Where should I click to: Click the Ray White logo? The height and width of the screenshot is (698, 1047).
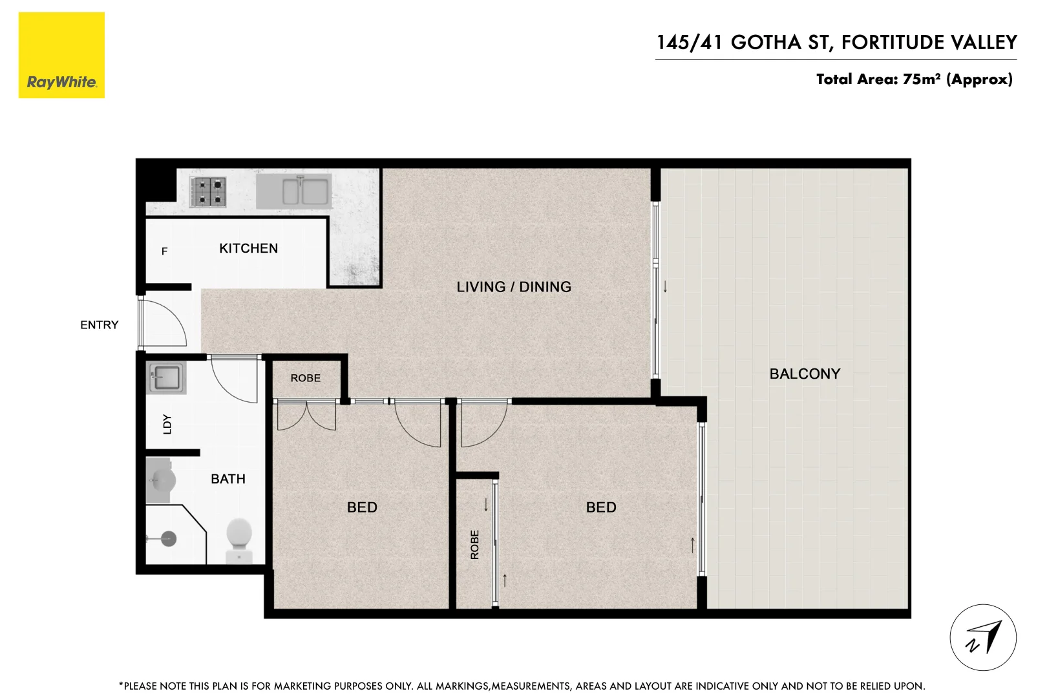[x=61, y=56]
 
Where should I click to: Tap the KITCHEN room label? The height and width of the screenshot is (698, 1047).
[x=248, y=248]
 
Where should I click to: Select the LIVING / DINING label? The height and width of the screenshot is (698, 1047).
[x=514, y=287]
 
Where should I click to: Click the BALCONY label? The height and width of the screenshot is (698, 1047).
[x=805, y=374]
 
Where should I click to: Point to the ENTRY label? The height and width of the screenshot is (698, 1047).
[x=99, y=325]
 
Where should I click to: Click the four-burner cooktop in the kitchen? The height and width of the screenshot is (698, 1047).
[x=209, y=192]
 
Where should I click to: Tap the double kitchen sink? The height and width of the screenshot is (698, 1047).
[x=294, y=191]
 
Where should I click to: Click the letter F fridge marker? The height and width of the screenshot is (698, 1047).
[x=164, y=251]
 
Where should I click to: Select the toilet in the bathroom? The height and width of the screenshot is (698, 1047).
[x=239, y=540]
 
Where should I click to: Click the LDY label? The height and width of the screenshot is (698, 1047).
[x=167, y=424]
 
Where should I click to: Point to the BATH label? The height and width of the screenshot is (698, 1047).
[x=227, y=479]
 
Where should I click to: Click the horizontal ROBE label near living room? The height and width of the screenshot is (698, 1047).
[x=305, y=378]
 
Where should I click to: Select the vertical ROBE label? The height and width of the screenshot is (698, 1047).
[x=475, y=544]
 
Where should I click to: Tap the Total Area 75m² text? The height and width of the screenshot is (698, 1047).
[x=914, y=79]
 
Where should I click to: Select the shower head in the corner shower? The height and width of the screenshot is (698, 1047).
[x=167, y=538]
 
